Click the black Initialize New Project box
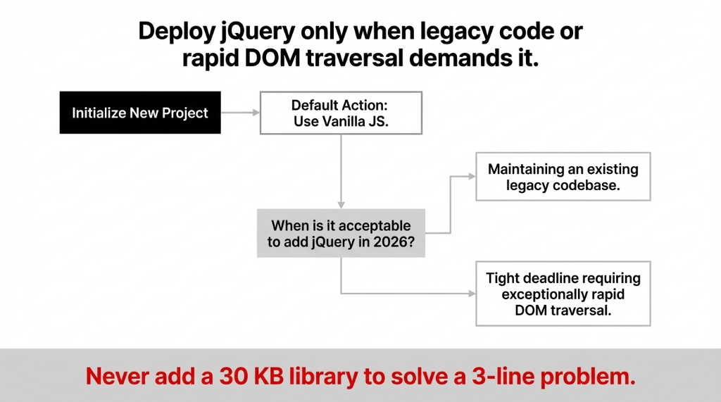(x=140, y=113)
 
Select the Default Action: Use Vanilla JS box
(x=341, y=113)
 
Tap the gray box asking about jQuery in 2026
(x=341, y=233)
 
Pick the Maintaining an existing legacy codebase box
(x=563, y=177)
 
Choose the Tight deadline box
(x=563, y=294)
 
